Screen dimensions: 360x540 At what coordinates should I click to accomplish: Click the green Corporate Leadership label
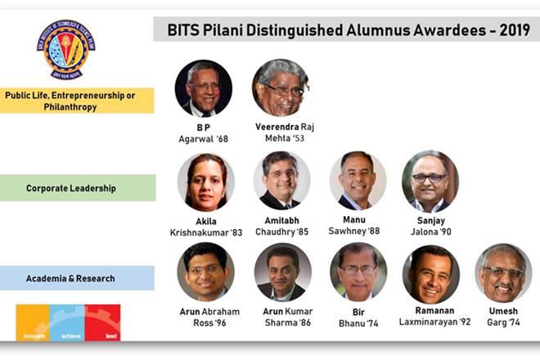pos(77,188)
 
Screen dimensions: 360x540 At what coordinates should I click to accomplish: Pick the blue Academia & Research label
pos(77,278)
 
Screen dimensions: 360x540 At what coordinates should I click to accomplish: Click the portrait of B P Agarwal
pos(203,88)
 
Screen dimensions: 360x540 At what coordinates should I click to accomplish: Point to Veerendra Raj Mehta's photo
pos(280,88)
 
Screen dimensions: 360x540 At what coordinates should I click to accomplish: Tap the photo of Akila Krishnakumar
pos(206,182)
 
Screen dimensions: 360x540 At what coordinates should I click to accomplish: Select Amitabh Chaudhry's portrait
pos(281,180)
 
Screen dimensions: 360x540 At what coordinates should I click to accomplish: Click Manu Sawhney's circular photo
pos(358,180)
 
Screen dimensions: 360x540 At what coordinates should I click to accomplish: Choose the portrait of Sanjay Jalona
pos(430,180)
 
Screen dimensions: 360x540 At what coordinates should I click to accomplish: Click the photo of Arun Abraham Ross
pos(205,272)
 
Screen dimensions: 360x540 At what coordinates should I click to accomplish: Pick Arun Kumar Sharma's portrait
pos(282,272)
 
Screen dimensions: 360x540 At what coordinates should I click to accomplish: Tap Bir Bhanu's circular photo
pos(358,272)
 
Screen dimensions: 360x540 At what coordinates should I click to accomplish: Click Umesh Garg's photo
pos(502,272)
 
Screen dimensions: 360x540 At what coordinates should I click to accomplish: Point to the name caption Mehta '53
pos(284,139)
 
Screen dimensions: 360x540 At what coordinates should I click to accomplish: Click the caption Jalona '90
pos(433,232)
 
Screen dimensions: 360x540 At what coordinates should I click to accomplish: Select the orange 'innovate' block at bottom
pos(33,322)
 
